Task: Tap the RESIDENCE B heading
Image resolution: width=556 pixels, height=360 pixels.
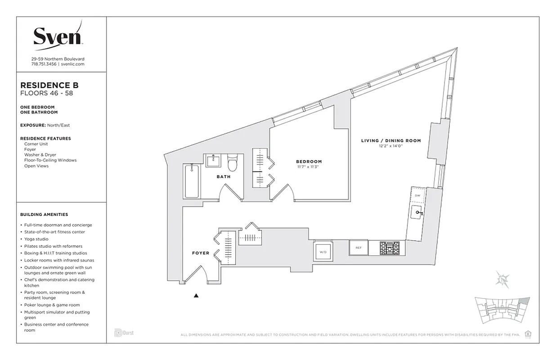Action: [x=50, y=85]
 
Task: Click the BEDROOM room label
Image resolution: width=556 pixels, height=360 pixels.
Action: [x=309, y=162]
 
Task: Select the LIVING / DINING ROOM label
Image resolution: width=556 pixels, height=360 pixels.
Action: [x=391, y=141]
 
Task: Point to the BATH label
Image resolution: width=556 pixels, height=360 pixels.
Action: [x=224, y=177]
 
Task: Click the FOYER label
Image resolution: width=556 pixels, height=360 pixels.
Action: [x=201, y=253]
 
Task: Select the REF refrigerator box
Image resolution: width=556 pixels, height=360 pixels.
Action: [x=359, y=247]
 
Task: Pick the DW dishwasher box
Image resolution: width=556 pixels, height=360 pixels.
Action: [x=417, y=195]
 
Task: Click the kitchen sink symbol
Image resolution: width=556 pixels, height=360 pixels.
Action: [x=418, y=212]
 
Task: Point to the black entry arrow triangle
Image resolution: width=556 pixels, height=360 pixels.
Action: [x=196, y=296]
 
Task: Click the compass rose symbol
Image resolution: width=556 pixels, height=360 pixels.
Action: [x=502, y=279]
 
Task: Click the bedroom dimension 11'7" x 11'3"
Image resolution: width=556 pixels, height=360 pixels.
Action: [x=309, y=167]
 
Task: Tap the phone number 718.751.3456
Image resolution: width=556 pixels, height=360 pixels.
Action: [x=44, y=64]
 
